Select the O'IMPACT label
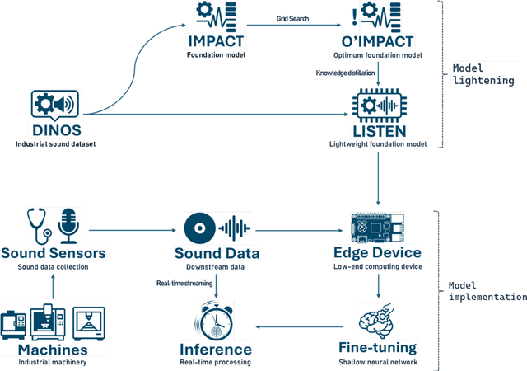coord(378,42)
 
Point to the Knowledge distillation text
coord(346,73)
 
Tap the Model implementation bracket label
coord(487,291)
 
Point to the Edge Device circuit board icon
coord(377,224)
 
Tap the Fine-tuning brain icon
coord(378,320)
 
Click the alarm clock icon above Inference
coord(216,319)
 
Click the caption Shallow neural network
coord(378,361)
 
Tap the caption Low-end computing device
coord(378,266)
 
